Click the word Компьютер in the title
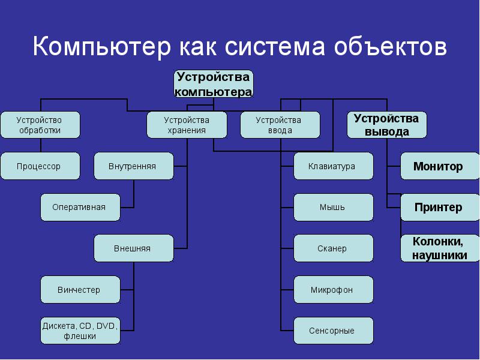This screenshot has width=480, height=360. coord(100,47)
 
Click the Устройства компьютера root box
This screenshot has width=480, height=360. coord(214,85)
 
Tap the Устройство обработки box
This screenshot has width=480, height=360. coord(40,125)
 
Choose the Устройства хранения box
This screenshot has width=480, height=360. coord(187,125)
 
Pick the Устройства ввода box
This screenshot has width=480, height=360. coord(280,125)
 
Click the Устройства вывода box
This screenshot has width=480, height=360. coord(387,125)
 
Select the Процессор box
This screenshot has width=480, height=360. coord(40,166)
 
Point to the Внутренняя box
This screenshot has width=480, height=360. coord(133,166)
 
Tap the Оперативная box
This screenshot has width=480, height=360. coord(80,207)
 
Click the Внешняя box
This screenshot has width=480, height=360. coord(133,248)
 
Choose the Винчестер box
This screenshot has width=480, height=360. coord(80,290)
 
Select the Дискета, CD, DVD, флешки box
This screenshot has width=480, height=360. coord(80,331)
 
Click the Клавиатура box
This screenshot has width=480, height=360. coord(333,166)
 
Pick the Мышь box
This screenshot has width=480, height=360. coord(333,207)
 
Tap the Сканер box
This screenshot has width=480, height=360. coord(333,248)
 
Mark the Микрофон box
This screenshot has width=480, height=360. coord(333,290)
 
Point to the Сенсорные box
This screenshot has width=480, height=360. coord(333,331)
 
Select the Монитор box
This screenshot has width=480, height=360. coord(439,166)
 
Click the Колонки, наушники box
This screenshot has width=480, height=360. coord(439,248)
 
